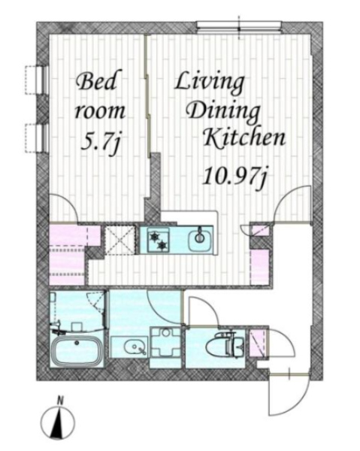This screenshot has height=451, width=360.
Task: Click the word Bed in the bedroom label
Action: (96, 81)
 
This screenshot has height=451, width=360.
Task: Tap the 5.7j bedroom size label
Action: (100, 142)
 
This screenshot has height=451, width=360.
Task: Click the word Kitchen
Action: (244, 138)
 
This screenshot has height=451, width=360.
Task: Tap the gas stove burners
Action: (158, 240)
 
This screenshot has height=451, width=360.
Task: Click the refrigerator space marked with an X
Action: (120, 241)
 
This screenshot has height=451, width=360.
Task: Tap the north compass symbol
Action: (58, 423)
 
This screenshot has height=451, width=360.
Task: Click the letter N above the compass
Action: (60, 400)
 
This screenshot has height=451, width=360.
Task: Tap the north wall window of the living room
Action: (239, 26)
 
